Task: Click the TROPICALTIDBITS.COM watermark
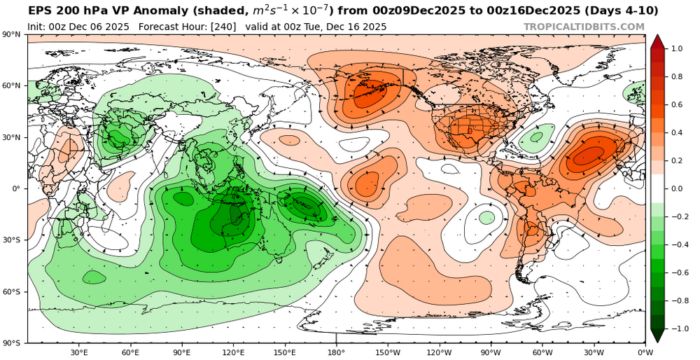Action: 584,27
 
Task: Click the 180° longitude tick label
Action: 336,352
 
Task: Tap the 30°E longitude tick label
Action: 79,352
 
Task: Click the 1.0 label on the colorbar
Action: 677,49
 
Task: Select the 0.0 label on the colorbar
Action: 677,189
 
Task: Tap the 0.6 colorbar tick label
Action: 677,105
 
